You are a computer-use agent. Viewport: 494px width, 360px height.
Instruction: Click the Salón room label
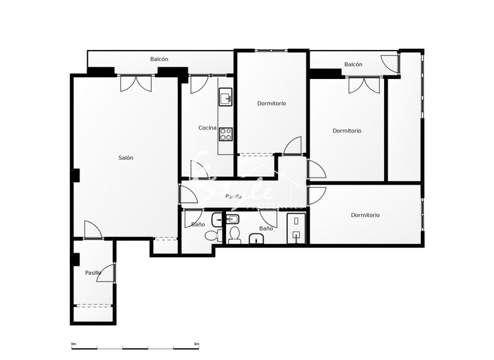tap(126, 158)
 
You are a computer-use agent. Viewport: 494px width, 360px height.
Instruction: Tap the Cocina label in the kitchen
tap(207, 128)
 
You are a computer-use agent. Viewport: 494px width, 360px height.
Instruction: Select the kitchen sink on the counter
tap(225, 98)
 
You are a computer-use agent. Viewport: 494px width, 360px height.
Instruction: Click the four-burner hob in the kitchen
tap(225, 134)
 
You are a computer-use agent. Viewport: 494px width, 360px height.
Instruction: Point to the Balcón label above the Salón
tap(159, 59)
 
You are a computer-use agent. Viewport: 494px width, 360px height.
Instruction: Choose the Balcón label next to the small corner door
tap(353, 64)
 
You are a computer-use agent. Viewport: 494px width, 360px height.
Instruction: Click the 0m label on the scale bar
tap(73, 344)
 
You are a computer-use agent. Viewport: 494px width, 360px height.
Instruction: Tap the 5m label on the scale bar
tap(196, 344)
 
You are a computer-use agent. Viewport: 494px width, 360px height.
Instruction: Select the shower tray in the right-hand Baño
tap(296, 227)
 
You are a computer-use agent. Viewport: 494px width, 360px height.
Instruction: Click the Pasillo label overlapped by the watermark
tap(234, 196)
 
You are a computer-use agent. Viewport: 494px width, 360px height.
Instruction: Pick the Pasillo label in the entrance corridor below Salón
tap(93, 272)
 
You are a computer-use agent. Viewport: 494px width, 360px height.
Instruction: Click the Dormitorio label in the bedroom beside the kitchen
tap(271, 103)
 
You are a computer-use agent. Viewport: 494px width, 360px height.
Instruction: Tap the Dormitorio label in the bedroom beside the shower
tap(365, 215)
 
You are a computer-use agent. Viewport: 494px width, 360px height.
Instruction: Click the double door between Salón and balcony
tap(136, 83)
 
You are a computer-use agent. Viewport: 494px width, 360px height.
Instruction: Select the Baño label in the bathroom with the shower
tap(266, 229)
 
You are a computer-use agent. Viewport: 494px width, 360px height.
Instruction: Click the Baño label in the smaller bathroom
tap(198, 224)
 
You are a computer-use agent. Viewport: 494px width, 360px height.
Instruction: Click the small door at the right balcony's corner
tap(390, 63)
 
